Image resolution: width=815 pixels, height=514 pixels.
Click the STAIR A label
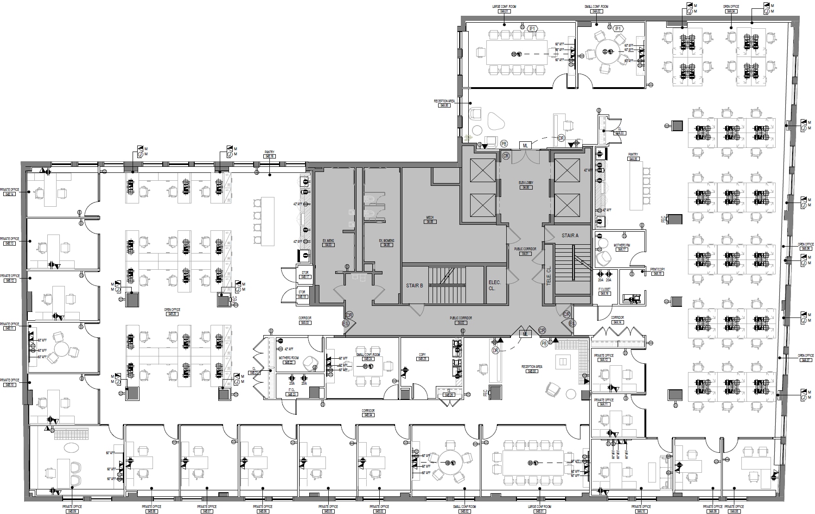point(570,235)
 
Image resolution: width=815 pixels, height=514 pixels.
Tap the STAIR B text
point(414,286)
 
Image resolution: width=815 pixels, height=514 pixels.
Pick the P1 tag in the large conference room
point(533,29)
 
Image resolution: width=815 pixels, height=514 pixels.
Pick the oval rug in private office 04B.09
point(71,448)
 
